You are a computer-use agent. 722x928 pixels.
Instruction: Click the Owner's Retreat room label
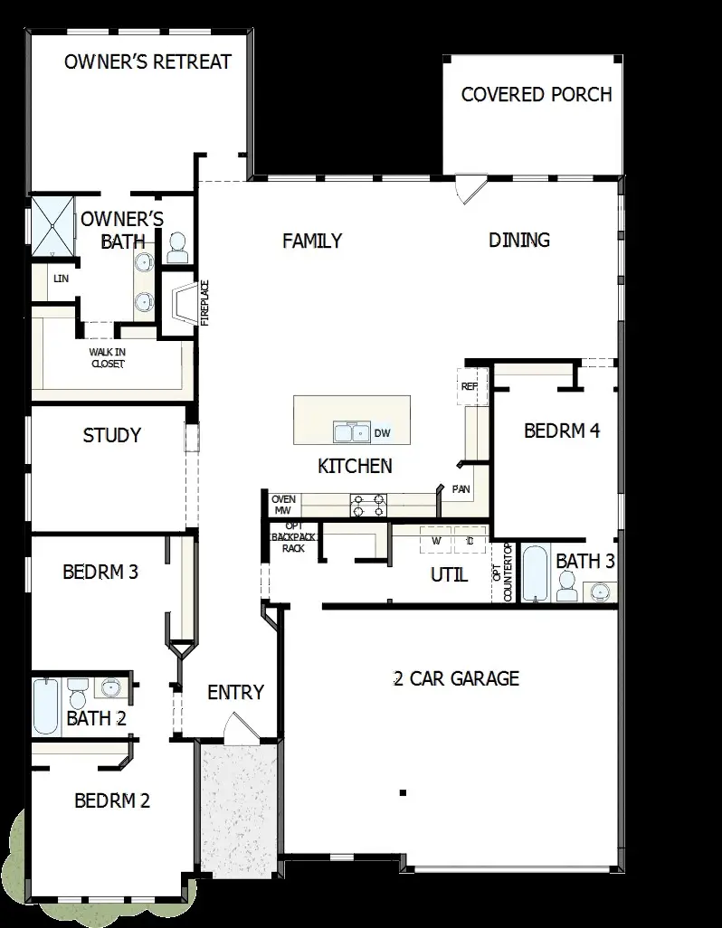click(x=147, y=62)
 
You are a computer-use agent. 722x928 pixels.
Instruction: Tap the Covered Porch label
click(x=536, y=94)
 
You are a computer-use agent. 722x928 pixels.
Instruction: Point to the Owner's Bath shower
click(x=52, y=224)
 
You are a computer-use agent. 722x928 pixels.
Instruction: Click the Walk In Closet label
click(x=107, y=357)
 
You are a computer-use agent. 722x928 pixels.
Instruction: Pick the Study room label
click(x=111, y=435)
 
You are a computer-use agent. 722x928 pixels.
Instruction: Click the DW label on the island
click(x=382, y=433)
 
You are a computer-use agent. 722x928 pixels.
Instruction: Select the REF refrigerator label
click(x=469, y=386)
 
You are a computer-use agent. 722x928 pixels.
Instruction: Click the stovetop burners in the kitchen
click(x=367, y=505)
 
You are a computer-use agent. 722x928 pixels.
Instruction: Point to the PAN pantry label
click(x=460, y=489)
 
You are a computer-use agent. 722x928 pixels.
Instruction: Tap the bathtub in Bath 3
click(x=537, y=573)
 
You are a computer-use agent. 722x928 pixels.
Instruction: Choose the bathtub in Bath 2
click(x=44, y=705)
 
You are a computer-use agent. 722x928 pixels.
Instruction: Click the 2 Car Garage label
click(x=456, y=678)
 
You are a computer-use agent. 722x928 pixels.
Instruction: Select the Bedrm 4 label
click(x=562, y=431)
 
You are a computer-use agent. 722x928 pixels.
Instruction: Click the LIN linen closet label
click(x=62, y=279)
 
